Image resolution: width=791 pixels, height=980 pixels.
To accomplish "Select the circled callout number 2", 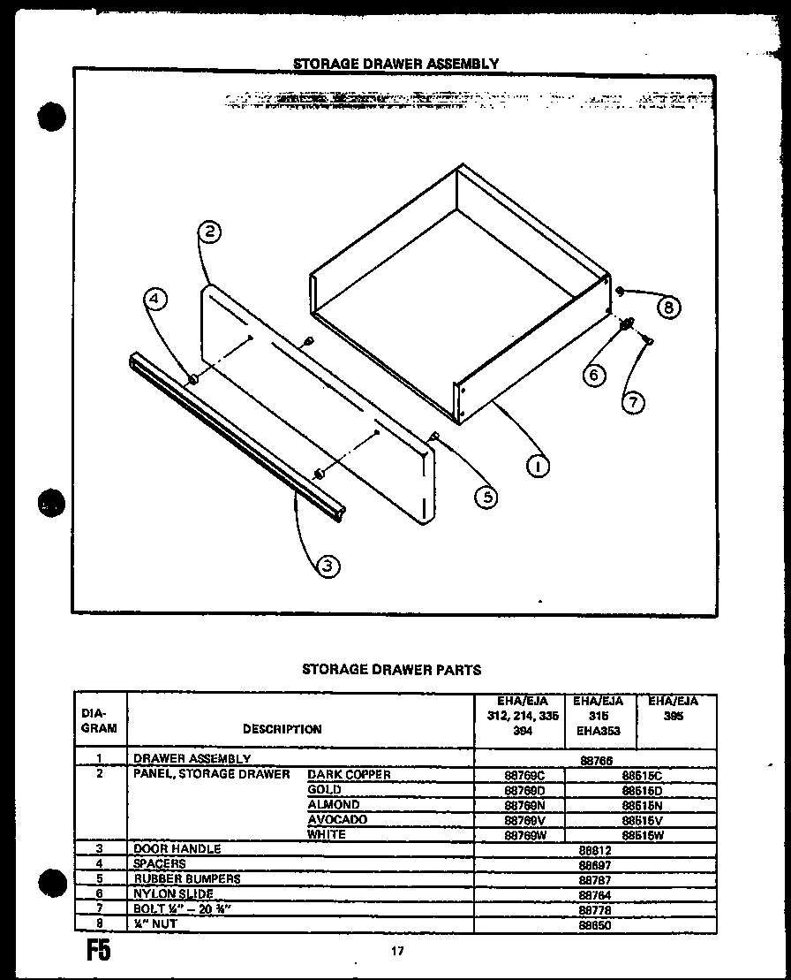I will (209, 233).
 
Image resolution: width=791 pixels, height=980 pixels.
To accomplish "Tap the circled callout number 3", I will (327, 566).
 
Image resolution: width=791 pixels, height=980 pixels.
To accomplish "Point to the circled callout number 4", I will (155, 300).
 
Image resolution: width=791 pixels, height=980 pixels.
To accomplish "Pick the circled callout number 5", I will (485, 497).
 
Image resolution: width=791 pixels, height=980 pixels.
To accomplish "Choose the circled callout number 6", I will (594, 375).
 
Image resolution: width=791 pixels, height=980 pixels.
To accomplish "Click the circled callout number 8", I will (669, 308).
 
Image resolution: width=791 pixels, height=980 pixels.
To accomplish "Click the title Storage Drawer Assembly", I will (395, 64).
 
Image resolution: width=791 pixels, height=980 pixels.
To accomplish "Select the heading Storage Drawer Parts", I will (392, 670).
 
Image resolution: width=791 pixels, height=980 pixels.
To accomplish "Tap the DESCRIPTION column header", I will (282, 730).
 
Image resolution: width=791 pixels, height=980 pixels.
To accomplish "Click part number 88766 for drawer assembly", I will (596, 759).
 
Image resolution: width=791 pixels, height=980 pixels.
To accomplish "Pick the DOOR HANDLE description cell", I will (177, 849).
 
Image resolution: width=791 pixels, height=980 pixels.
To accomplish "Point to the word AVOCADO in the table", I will (337, 820).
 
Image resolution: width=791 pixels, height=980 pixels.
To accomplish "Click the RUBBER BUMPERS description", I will (187, 879).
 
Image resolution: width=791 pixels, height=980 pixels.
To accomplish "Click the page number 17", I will (396, 952).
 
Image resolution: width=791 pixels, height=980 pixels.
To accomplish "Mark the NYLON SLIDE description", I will (174, 894).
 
